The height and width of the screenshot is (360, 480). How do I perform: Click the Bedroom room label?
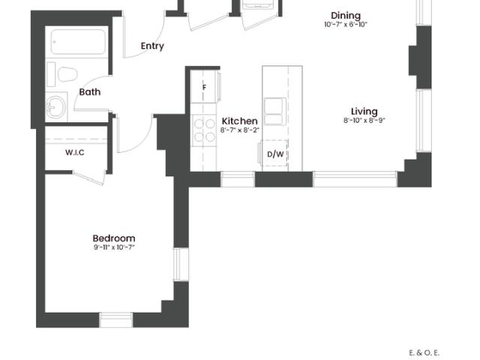point(114,238)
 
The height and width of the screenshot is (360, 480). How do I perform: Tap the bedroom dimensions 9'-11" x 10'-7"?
point(114,247)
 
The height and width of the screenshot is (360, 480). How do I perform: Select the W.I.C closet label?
point(74,153)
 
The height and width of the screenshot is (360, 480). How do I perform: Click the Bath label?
point(90,92)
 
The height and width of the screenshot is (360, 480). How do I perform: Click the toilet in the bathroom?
point(66,74)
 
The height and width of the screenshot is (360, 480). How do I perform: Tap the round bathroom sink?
point(55,107)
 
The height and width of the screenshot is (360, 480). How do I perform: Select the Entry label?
point(152,46)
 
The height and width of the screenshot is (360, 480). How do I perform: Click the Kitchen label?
point(240,121)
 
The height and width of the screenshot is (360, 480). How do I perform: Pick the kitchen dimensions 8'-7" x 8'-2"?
point(240,130)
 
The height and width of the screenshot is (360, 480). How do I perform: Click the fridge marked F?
point(204,88)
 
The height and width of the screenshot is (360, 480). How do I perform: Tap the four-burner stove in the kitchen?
point(204,130)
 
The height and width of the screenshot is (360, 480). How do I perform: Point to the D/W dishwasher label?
point(275,154)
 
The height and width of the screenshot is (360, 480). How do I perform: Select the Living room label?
point(364,112)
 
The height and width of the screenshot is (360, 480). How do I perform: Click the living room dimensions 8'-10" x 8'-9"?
point(364,121)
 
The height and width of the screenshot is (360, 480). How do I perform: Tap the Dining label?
point(346,16)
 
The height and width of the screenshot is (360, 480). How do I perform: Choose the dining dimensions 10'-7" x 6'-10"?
point(346,25)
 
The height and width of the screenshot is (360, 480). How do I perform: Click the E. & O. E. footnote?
point(424,352)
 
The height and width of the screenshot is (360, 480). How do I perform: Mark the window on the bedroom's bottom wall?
point(115,321)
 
